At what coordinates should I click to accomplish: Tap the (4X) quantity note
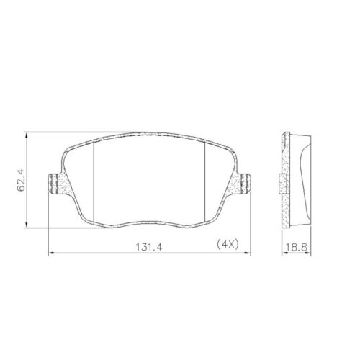click(x=226, y=246)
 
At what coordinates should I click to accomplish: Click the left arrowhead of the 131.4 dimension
click(x=50, y=253)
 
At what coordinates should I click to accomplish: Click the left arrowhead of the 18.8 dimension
click(x=282, y=253)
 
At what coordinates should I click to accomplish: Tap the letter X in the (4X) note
click(x=230, y=246)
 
